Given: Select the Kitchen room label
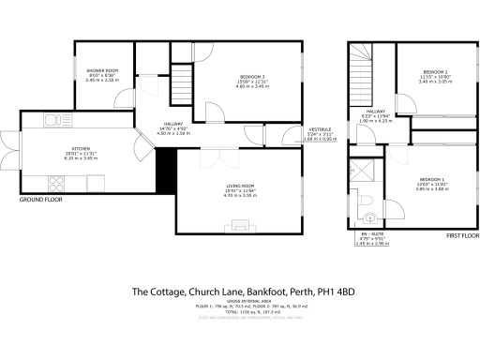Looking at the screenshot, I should [x=54, y=154].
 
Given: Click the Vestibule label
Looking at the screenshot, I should [x=319, y=133].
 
